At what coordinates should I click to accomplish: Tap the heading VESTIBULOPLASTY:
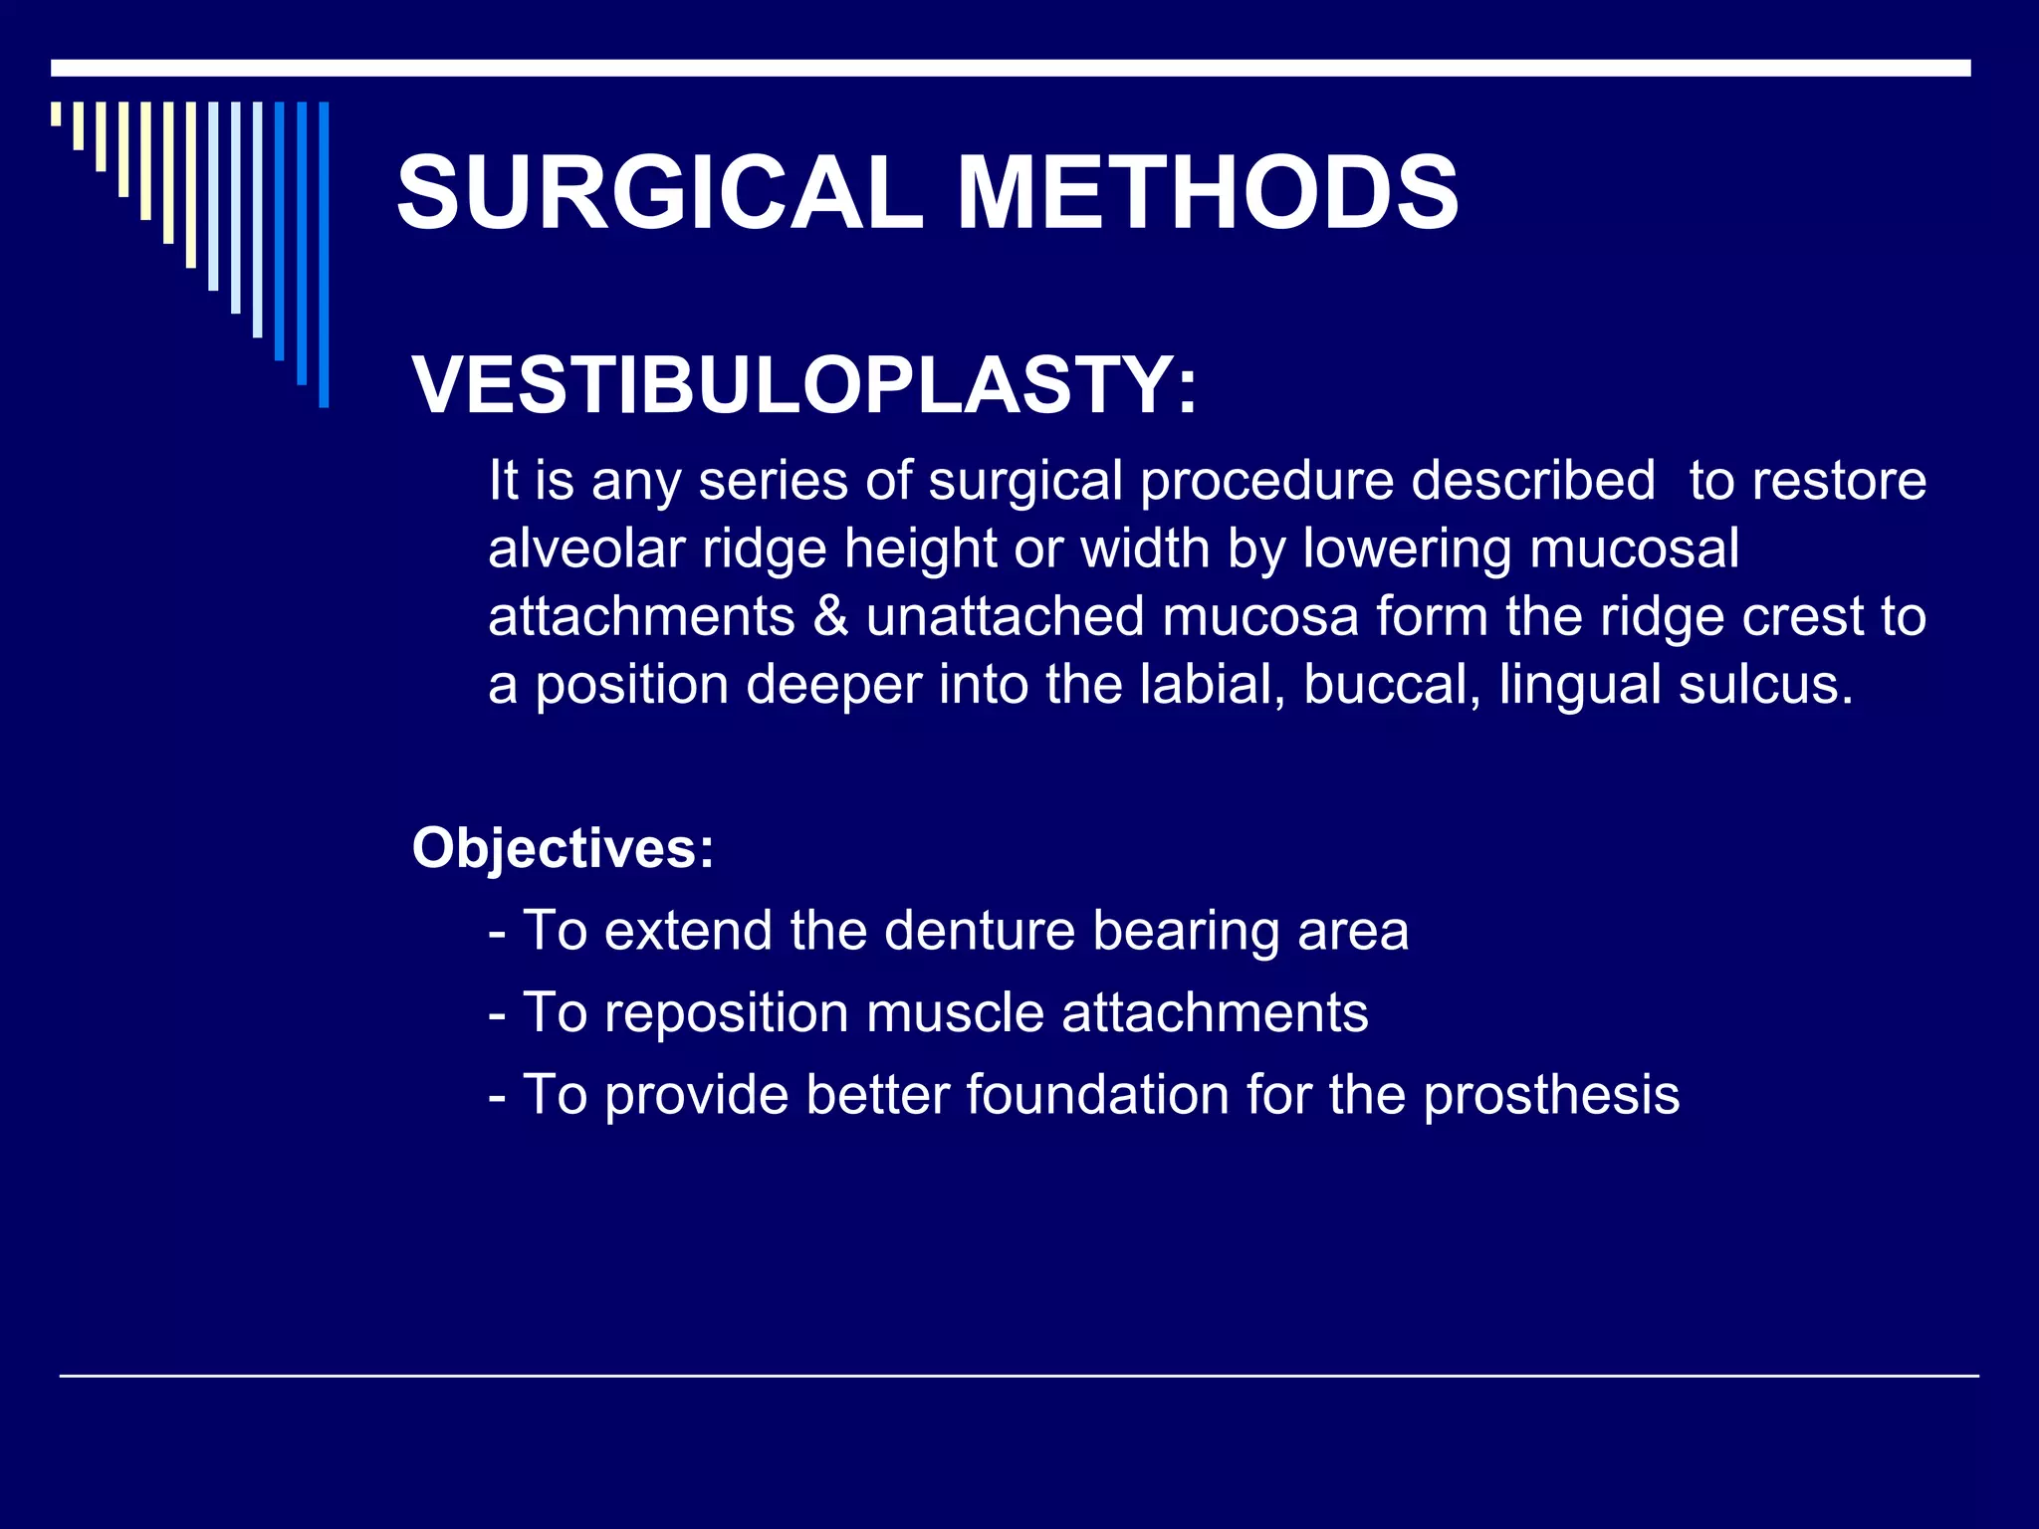(804, 385)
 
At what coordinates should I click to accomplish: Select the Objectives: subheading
(564, 848)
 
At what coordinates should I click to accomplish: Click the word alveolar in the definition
(585, 548)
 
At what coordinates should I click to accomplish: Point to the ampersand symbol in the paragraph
(830, 616)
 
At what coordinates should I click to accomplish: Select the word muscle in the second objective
(954, 1012)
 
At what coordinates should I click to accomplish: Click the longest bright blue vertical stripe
(324, 255)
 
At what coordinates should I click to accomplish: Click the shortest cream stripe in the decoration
(56, 113)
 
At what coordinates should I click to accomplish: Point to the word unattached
(1005, 616)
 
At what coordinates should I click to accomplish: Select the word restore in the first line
(1839, 481)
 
